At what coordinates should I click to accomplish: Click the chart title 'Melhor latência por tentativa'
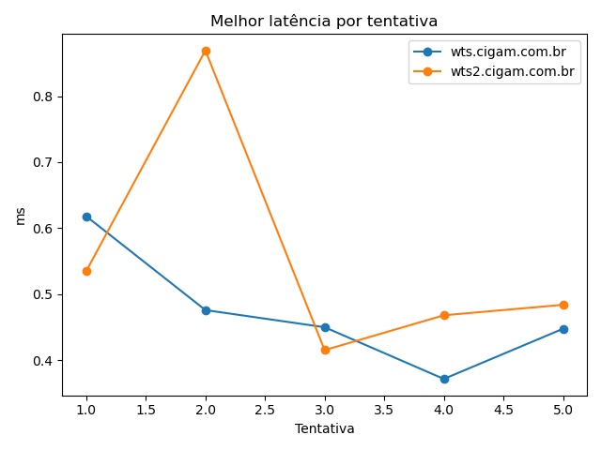pos(324,21)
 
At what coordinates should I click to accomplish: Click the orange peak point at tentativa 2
pos(206,51)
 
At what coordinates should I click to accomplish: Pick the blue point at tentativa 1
pos(86,217)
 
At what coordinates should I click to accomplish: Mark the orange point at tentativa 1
pos(86,271)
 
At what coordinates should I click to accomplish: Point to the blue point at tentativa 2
pos(206,309)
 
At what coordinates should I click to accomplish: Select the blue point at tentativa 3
pos(325,327)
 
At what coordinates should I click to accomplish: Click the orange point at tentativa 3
pos(325,350)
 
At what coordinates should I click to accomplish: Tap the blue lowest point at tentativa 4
pos(444,379)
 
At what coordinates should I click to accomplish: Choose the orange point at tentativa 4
pos(444,315)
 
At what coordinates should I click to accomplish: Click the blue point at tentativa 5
pos(563,329)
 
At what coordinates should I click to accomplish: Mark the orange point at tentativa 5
pos(563,305)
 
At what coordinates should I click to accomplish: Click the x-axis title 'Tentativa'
pos(324,428)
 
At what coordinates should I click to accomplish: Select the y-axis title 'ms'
pos(21,216)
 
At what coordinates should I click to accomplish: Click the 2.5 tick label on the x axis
pos(265,410)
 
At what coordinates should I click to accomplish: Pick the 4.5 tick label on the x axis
pos(503,410)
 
